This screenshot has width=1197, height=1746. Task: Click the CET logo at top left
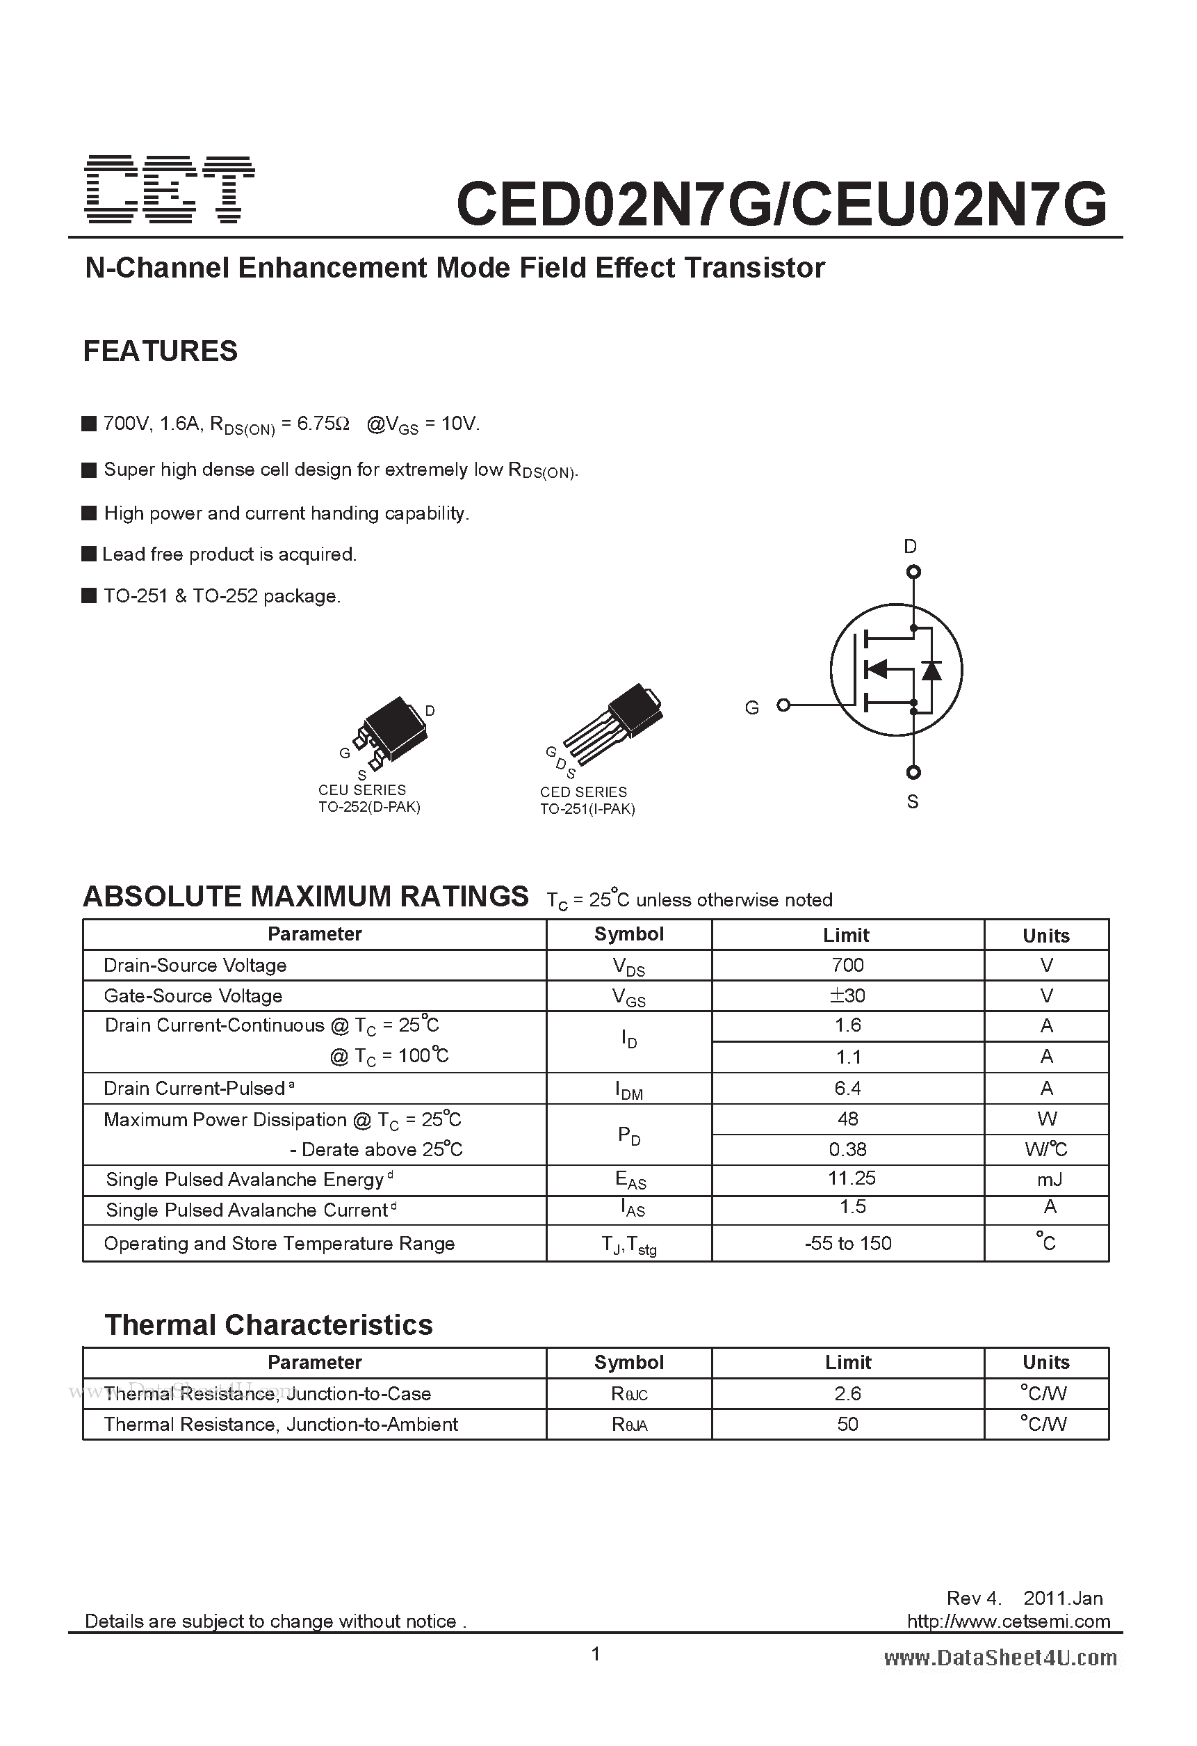[x=169, y=190]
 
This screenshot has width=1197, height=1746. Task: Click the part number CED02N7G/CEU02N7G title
[x=781, y=205]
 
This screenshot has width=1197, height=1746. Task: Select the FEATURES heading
[x=160, y=351]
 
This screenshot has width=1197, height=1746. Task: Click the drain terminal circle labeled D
[x=913, y=572]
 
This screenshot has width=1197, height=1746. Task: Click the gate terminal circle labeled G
[x=783, y=705]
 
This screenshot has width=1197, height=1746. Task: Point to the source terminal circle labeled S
[x=913, y=772]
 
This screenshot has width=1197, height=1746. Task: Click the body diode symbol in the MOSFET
[x=931, y=669]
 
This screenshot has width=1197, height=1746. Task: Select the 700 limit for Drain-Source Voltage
[x=848, y=966]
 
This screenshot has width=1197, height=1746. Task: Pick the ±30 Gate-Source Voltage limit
[x=848, y=995]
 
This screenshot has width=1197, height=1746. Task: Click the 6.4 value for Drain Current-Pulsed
[x=848, y=1088]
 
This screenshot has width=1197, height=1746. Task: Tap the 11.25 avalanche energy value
[x=852, y=1178]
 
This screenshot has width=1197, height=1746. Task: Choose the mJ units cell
[x=1049, y=1180]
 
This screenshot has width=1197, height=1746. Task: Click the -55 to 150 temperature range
[x=848, y=1243]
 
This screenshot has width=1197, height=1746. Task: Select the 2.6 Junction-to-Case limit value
[x=848, y=1393]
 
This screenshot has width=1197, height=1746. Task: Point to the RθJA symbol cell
[x=629, y=1425]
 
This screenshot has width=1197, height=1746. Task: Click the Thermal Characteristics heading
[x=268, y=1324]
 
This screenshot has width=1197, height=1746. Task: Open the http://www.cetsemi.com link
[x=1008, y=1621]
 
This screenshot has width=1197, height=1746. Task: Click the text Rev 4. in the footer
[x=973, y=1598]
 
